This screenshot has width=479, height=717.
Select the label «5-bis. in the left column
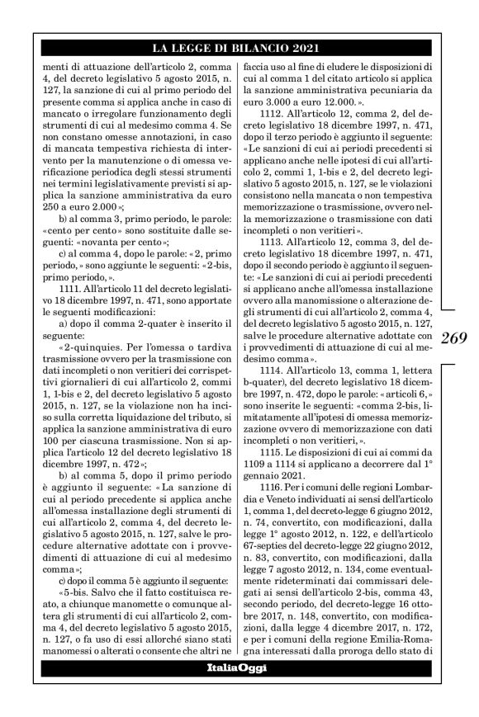pyautogui.click(x=77, y=607)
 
